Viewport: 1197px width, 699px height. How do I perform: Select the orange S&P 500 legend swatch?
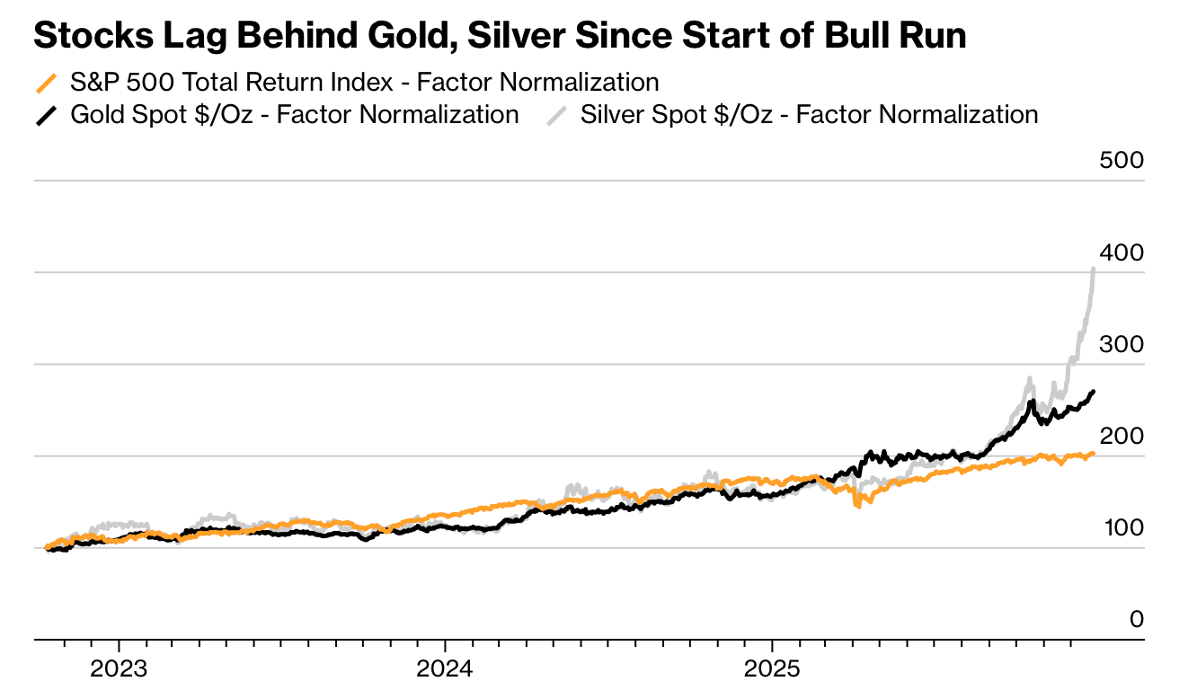(46, 84)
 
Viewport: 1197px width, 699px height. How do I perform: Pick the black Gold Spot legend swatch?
(46, 115)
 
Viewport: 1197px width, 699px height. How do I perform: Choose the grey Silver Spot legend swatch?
(557, 115)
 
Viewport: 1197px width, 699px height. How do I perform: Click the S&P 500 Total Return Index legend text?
(364, 83)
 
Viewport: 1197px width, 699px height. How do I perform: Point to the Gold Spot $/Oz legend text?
(294, 115)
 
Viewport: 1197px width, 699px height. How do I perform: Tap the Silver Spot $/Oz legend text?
(809, 115)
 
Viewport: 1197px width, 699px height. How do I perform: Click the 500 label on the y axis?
(1122, 161)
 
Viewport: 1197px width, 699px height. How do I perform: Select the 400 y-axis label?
(1122, 253)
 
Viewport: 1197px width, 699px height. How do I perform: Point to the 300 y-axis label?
(1122, 345)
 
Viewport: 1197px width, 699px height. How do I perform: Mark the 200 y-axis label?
(1122, 437)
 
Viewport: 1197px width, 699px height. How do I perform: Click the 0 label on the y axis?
(1137, 620)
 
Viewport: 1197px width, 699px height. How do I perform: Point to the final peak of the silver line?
(1093, 269)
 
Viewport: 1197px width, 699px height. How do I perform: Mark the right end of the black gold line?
(1093, 391)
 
